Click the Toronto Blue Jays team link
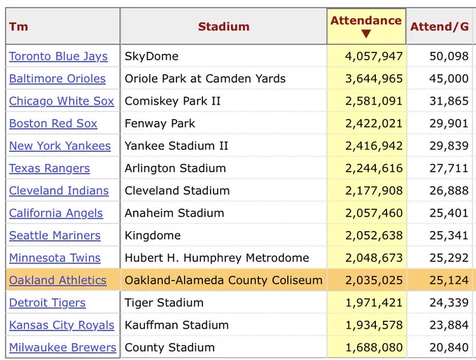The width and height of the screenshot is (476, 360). coord(58,57)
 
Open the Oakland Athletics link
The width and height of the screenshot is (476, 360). coord(57,280)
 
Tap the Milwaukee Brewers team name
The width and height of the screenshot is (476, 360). coord(62,347)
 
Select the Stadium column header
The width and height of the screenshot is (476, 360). coord(224,27)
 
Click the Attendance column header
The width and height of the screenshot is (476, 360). coord(366,20)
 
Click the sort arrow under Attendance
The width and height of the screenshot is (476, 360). coord(366,34)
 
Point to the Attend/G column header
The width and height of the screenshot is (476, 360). coord(440,27)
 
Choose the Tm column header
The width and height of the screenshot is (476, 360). coord(18,27)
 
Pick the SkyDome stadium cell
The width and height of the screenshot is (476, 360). coord(151,57)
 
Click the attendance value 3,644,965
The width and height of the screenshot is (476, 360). coord(374,78)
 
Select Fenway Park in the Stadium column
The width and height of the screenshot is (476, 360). coord(160,124)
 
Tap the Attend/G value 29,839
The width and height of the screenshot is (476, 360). coord(449,146)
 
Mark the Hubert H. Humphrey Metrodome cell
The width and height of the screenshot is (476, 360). coord(217,258)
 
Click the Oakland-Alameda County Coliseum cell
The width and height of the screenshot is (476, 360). coord(223,280)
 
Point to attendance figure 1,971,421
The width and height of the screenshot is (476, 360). coord(374,303)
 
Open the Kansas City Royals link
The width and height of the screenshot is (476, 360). coord(62,325)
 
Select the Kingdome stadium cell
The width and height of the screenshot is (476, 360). coord(153,235)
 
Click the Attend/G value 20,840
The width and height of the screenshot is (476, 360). coord(449,347)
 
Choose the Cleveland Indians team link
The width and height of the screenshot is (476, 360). coord(59,191)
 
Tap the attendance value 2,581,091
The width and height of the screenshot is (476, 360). coord(374,101)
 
